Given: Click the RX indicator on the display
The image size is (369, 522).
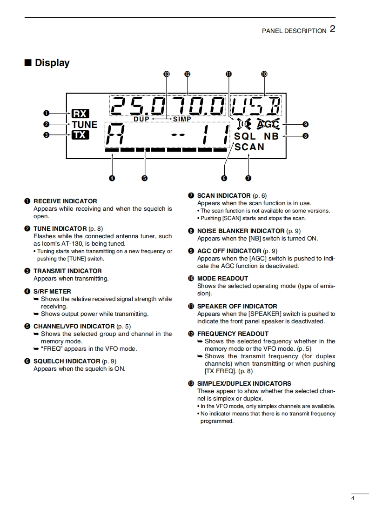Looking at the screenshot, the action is coord(80,114).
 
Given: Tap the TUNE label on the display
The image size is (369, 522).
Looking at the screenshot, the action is coord(84,125).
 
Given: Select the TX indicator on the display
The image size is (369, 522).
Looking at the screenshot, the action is coord(80,135).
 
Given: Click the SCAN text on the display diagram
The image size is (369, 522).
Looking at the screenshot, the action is coord(249,147).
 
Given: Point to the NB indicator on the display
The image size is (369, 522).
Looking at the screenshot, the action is coord(271,136).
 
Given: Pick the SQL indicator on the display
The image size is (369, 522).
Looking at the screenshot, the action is coord(245,136).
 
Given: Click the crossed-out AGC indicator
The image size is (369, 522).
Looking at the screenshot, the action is coord(268,124).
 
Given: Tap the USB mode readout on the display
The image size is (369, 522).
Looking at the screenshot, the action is coord(257,107).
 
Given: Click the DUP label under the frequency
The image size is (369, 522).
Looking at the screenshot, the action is coord(141,119).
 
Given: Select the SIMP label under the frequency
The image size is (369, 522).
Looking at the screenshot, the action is coord(182,119).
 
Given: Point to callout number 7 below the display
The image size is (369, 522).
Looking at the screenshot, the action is coord(248,178).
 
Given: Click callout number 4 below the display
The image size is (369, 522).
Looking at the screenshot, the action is coord(112,178).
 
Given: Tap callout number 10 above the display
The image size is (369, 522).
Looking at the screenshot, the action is coord(264,74).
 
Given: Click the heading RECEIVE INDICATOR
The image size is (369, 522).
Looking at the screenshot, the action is coord(65,201).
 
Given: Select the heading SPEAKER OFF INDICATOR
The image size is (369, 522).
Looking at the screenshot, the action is coord(237,306).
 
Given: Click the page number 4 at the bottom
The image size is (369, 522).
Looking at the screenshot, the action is coord(353,499).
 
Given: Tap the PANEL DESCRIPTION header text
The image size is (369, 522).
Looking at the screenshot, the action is coord(294,31).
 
